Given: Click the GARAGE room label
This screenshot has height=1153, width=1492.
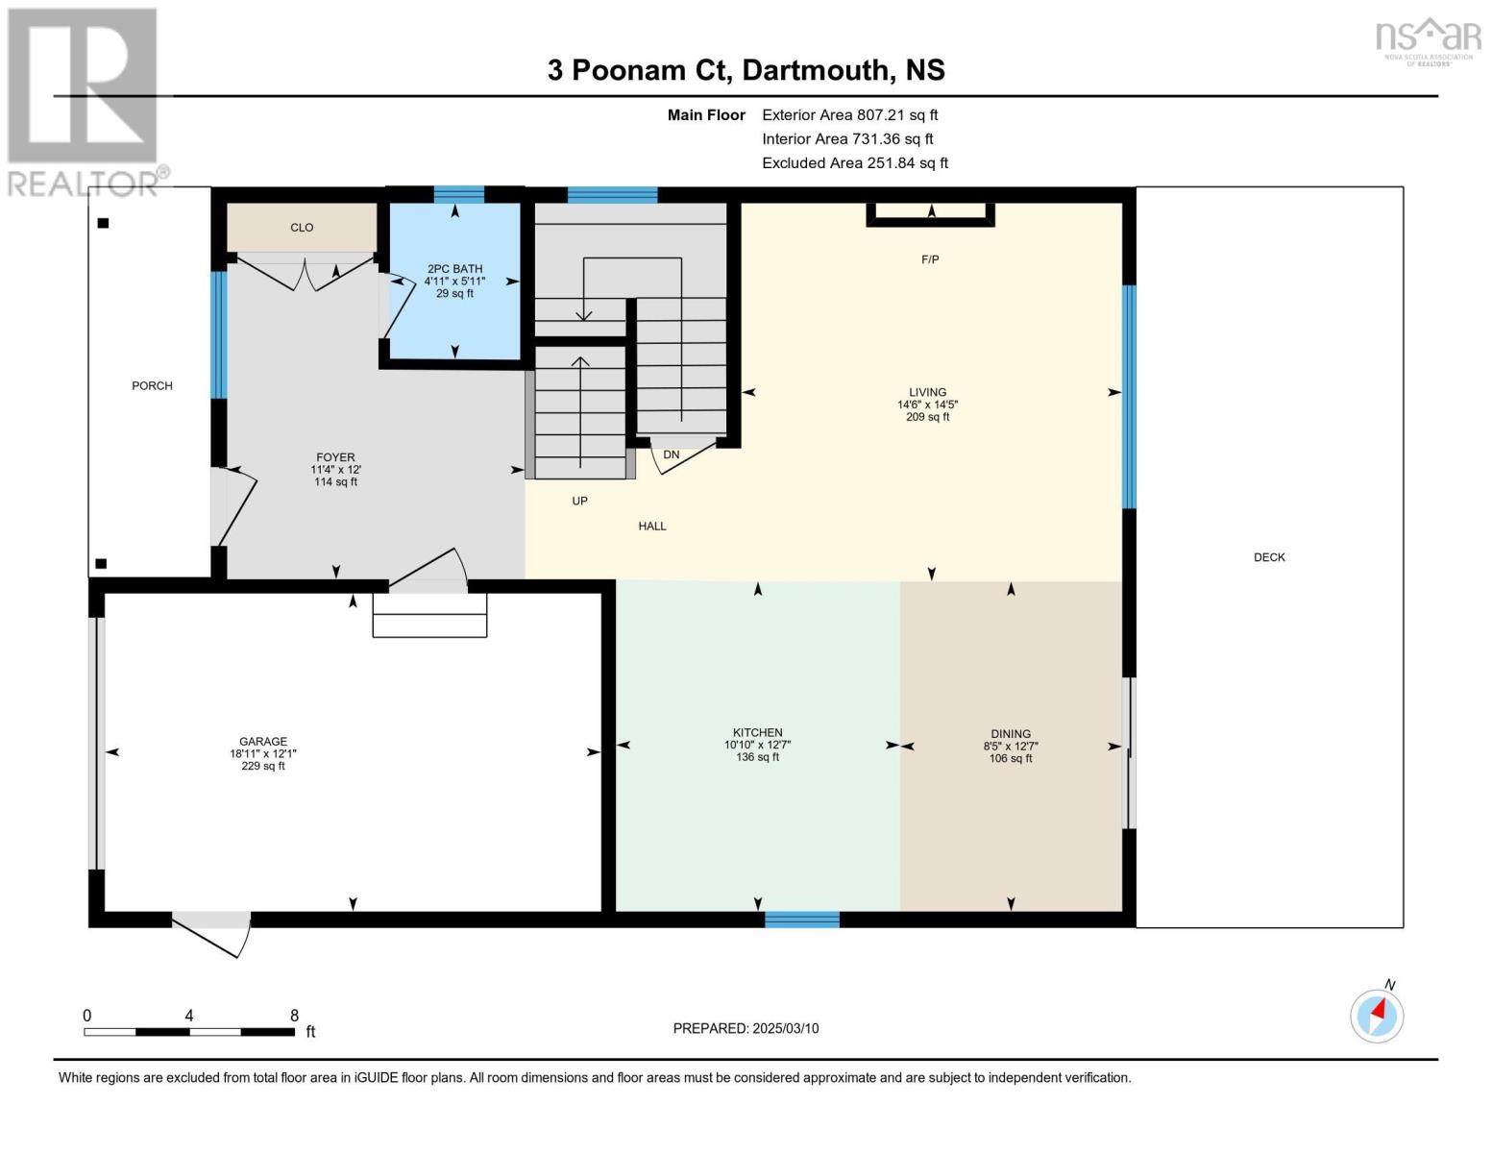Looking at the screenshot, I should [x=263, y=742].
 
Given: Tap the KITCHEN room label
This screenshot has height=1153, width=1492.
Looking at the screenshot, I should [x=757, y=733].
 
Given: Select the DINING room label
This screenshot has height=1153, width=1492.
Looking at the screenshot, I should [x=1011, y=734].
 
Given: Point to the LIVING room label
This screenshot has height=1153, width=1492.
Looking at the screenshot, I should [x=928, y=393].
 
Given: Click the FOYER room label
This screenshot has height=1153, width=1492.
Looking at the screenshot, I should [x=335, y=458].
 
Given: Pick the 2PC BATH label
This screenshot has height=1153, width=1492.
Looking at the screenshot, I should [x=454, y=270].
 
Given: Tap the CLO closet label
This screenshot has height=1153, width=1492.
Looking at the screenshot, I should [x=302, y=228].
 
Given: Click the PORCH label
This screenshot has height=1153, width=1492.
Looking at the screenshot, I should [x=152, y=386].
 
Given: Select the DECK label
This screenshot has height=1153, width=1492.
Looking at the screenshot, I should [x=1269, y=557].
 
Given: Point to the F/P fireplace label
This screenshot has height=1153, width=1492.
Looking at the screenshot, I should [x=930, y=259].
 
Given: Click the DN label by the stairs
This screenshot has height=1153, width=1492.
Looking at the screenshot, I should [x=671, y=455].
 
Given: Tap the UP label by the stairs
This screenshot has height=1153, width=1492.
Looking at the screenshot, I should [x=579, y=502].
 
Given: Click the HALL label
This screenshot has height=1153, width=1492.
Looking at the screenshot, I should [x=652, y=527].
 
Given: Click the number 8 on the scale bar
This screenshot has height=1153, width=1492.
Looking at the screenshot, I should [x=294, y=1016].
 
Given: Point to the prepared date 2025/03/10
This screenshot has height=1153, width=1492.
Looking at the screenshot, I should [x=746, y=1029].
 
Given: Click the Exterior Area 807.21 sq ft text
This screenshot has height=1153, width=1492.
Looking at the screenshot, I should [x=849, y=115].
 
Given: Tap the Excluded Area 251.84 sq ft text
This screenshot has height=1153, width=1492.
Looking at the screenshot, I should [x=854, y=163].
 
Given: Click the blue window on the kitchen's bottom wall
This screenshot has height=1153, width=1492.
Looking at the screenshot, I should [x=801, y=920].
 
